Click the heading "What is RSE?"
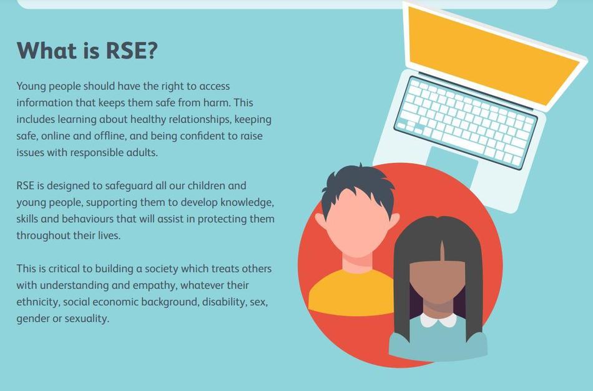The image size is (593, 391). point(87,51)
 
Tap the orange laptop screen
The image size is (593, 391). point(492,56)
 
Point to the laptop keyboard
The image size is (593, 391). point(466,122)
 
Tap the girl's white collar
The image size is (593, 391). point(438,320)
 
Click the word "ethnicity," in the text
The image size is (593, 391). point(38,302)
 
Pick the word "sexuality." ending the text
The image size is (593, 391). point(87,319)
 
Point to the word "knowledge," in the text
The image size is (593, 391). point(247,202)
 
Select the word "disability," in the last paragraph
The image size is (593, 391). point(225,302)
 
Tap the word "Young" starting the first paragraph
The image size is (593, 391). point(31,86)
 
